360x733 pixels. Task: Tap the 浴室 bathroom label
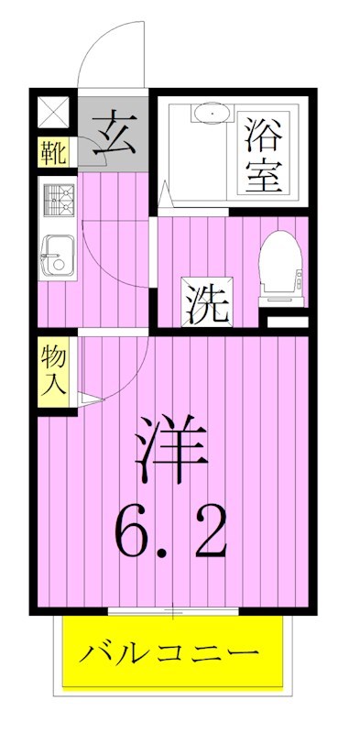pyautogui.click(x=263, y=153)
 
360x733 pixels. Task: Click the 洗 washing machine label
pyautogui.click(x=206, y=302)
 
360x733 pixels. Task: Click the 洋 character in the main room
pyautogui.click(x=171, y=445)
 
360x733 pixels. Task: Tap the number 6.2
pyautogui.click(x=170, y=531)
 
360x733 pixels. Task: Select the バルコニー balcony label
pyautogui.click(x=170, y=655)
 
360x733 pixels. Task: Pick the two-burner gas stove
pyautogui.click(x=60, y=202)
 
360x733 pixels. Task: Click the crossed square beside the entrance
pyautogui.click(x=53, y=115)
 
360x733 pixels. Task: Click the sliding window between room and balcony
pyautogui.click(x=172, y=609)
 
